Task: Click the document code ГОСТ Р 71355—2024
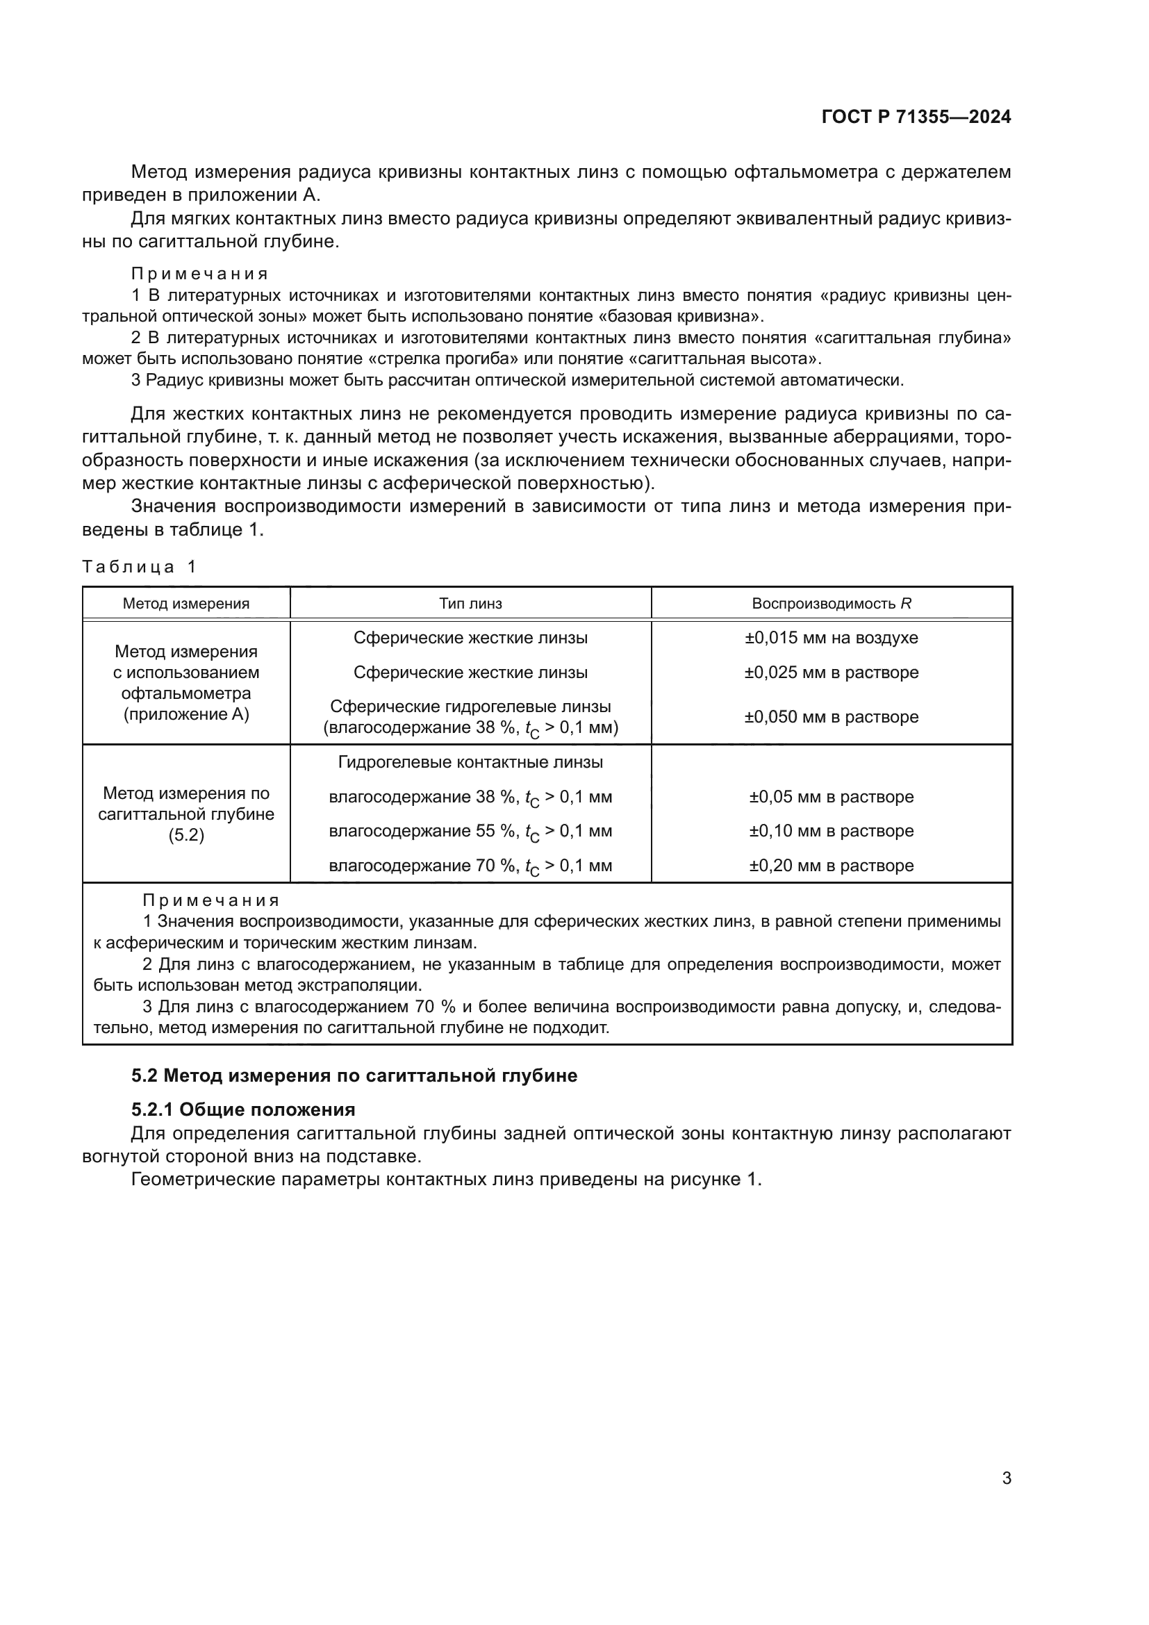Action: tap(916, 117)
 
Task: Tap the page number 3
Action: tap(1006, 1478)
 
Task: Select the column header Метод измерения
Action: tap(186, 604)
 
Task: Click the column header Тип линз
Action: tap(470, 604)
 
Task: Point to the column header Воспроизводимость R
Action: tap(832, 604)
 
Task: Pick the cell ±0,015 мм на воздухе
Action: tap(832, 638)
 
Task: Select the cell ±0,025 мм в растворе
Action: tap(832, 673)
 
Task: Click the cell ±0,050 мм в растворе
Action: tap(832, 717)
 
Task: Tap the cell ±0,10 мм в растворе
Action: tap(832, 831)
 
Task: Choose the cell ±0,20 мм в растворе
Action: tap(832, 866)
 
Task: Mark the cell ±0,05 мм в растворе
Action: tap(832, 797)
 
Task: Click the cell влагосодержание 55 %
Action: tap(470, 832)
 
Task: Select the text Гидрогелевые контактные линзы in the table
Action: tap(470, 762)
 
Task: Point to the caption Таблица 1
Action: tap(140, 567)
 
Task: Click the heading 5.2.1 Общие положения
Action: tap(243, 1109)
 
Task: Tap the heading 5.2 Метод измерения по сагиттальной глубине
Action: tap(354, 1075)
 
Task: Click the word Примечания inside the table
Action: tap(211, 901)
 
